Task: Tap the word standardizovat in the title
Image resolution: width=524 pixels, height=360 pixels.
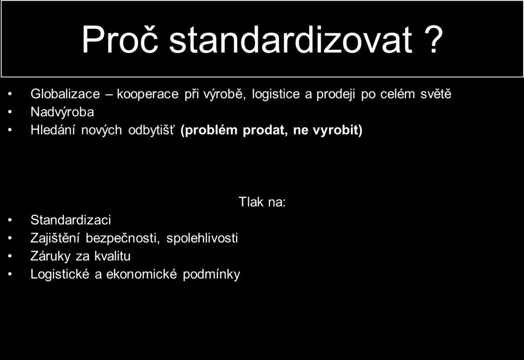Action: [291, 39]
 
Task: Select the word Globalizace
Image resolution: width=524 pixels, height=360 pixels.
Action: [65, 94]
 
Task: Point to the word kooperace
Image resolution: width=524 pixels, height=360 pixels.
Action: [148, 94]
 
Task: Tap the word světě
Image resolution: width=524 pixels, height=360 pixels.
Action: [436, 94]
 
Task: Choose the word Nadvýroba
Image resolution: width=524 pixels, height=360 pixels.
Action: [62, 112]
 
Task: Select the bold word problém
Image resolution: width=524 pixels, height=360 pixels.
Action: [209, 130]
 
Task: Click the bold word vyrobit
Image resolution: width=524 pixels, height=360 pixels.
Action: [338, 130]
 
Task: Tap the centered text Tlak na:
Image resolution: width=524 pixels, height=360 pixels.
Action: [263, 201]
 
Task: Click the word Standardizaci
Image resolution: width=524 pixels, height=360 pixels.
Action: [71, 220]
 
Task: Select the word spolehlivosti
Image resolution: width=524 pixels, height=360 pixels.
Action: [202, 238]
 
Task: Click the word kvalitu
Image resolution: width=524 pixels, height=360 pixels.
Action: [112, 256]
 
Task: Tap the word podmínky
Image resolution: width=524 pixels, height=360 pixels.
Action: [211, 275]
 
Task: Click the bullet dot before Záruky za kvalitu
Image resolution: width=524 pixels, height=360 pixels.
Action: [10, 257]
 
